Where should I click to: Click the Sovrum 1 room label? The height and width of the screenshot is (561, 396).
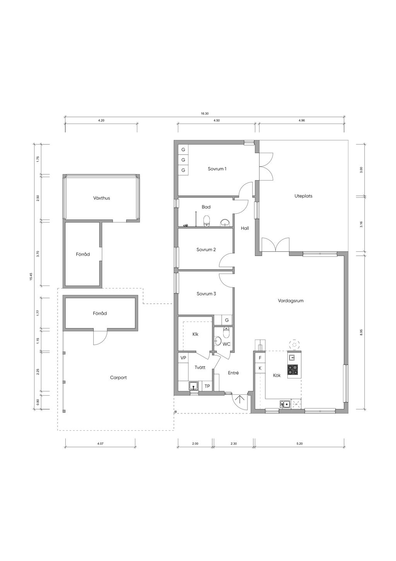click(x=217, y=169)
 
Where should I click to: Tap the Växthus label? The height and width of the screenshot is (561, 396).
click(x=101, y=198)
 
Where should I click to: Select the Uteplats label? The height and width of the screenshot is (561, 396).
click(x=303, y=196)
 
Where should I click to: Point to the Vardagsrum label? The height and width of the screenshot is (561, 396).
click(x=290, y=301)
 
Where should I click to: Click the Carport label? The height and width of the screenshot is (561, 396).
click(x=118, y=377)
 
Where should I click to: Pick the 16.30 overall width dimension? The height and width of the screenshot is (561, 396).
click(x=205, y=114)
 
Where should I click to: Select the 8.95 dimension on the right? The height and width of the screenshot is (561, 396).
click(x=361, y=332)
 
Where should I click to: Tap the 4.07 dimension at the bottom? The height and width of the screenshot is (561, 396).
click(x=100, y=444)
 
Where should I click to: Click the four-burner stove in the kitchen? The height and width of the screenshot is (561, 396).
click(x=292, y=369)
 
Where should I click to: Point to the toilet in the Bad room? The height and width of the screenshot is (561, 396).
click(x=207, y=221)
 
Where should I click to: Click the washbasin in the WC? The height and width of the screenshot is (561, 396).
click(x=217, y=340)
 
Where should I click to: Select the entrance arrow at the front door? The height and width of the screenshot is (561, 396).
click(x=239, y=399)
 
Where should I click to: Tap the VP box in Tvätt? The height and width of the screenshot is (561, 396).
click(x=183, y=358)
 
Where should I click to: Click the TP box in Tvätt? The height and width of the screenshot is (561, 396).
click(x=207, y=386)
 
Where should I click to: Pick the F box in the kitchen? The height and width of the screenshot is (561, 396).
click(x=260, y=358)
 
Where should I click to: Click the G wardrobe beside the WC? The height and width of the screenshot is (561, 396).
click(x=227, y=320)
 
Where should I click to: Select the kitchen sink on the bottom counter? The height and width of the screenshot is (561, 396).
click(x=285, y=404)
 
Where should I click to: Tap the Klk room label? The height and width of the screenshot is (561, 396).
click(x=195, y=334)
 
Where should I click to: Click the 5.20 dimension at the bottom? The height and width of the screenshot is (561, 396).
click(x=299, y=444)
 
